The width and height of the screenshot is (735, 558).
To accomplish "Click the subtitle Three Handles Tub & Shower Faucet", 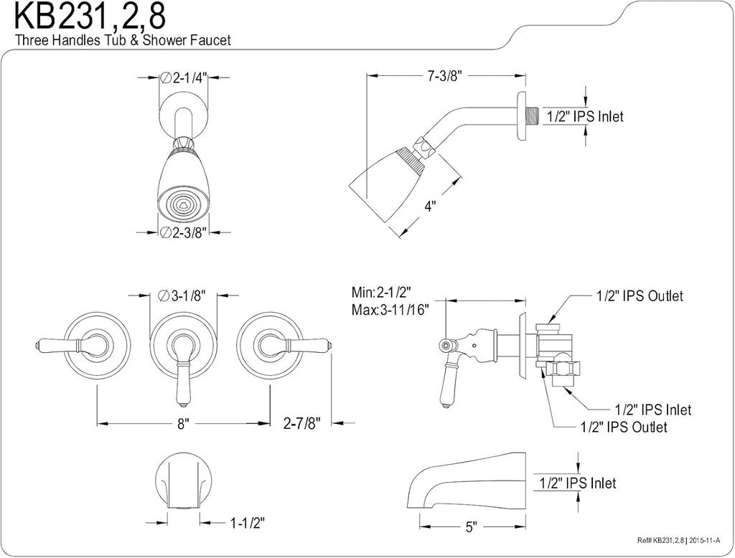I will pyautogui.click(x=123, y=41).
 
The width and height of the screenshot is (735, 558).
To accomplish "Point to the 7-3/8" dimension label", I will pyautogui.click(x=442, y=75).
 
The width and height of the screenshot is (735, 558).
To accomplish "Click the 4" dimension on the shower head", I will pyautogui.click(x=430, y=206).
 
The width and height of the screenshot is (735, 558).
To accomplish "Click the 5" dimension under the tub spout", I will pyautogui.click(x=471, y=527).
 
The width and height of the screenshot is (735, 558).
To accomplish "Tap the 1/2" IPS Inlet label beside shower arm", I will pyautogui.click(x=585, y=116).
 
